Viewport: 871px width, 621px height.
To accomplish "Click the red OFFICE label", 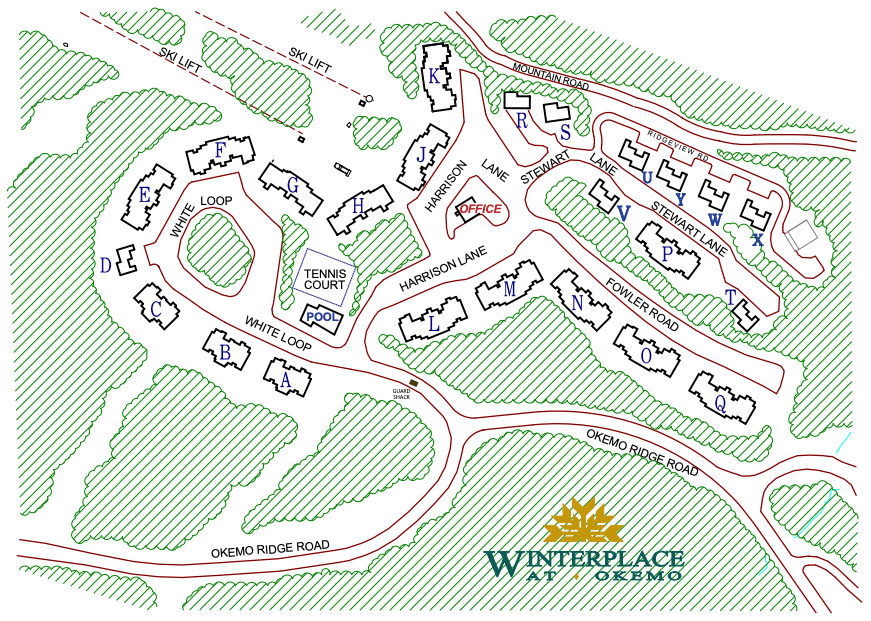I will [x=481, y=209].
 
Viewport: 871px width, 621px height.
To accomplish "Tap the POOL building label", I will [x=322, y=317].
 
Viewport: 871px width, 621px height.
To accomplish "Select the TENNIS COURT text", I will [x=324, y=279].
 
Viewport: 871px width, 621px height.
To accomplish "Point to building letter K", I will [x=433, y=76].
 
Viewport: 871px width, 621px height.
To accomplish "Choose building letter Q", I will [x=719, y=403].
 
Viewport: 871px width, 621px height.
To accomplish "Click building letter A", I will [x=284, y=380].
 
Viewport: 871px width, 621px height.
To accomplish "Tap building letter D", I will [x=105, y=265].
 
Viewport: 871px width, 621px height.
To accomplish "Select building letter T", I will [x=731, y=297].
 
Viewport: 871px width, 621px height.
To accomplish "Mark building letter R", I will [x=521, y=121].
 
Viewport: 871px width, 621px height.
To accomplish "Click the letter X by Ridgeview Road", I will [x=757, y=240].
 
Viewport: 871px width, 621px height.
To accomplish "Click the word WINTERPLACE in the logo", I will [x=584, y=560].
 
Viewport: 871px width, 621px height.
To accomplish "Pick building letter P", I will [x=667, y=254].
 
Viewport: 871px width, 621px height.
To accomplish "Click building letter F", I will [x=221, y=151].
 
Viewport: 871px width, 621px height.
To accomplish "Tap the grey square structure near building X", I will [x=800, y=236].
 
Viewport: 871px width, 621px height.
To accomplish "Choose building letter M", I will [x=509, y=289].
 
